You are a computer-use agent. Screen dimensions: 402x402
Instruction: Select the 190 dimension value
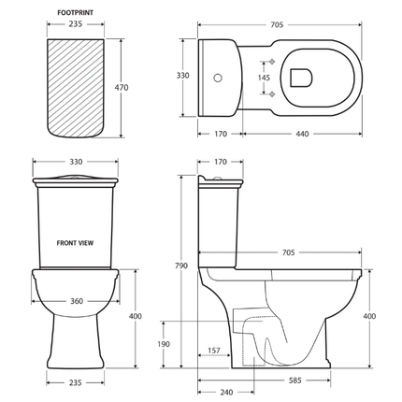165,345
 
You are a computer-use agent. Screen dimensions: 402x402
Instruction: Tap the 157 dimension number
213,352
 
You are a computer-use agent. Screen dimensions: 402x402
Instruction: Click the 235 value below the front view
75,382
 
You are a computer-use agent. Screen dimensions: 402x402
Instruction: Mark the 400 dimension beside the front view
136,316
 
